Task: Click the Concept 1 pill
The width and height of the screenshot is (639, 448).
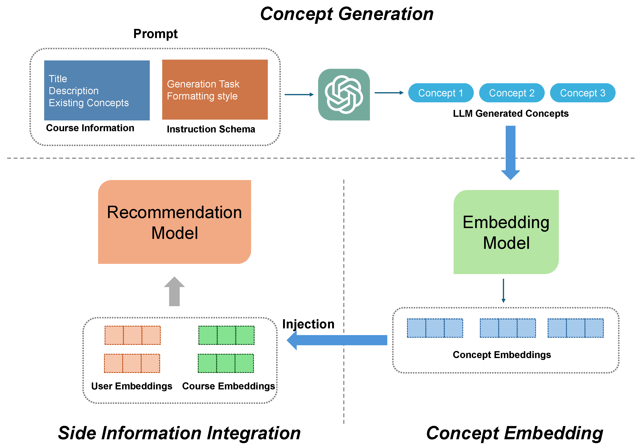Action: tap(441, 93)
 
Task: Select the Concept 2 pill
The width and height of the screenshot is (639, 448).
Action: tap(512, 93)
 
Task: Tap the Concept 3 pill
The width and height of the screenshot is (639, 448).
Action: tap(582, 93)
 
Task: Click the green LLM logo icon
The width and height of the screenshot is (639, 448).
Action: tap(344, 95)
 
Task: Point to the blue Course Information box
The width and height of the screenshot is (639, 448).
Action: tap(97, 91)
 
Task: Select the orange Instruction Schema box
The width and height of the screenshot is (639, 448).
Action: tap(215, 90)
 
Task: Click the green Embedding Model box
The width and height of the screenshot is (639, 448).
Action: tap(506, 232)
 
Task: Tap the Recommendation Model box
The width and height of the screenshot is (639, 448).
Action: tap(174, 222)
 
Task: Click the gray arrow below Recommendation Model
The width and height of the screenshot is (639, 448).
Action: tap(174, 292)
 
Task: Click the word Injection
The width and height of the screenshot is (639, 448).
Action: tap(308, 324)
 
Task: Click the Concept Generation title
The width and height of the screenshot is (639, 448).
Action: tap(347, 14)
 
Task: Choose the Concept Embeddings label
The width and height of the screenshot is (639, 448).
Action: tap(502, 355)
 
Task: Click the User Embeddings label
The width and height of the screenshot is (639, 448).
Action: tap(132, 386)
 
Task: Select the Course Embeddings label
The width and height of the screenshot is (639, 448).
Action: tap(229, 386)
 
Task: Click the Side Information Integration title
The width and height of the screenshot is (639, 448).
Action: tap(179, 433)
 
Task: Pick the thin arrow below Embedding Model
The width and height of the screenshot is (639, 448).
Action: tap(503, 291)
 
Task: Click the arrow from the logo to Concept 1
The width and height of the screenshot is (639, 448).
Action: tap(389, 93)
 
